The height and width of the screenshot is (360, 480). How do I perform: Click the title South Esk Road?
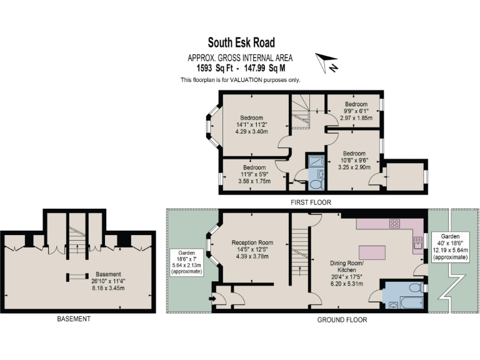click(x=240, y=44)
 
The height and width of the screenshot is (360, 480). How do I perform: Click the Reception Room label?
click(x=252, y=242)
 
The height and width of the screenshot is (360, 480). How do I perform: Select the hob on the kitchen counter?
click(x=395, y=222)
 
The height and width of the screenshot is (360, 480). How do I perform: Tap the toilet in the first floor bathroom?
click(x=316, y=185)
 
